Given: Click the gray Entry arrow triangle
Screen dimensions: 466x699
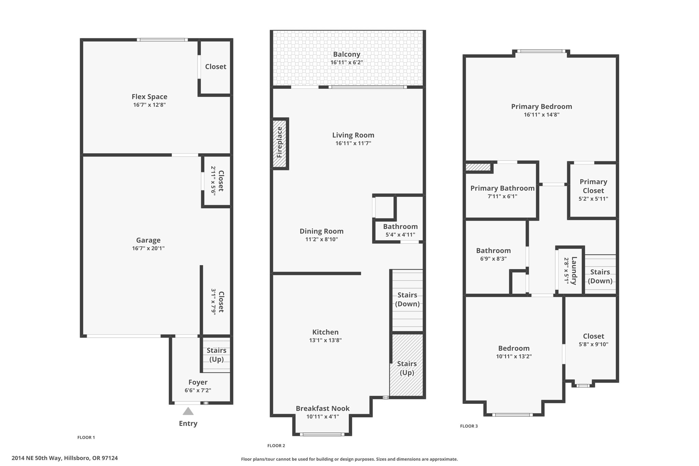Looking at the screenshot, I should click(188, 411).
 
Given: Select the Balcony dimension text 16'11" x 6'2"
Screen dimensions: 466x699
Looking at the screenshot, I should click(346, 62).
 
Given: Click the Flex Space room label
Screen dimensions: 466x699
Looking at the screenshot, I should click(149, 97).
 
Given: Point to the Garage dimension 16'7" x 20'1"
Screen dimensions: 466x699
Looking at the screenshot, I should click(148, 249).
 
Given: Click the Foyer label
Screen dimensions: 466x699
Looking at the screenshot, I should click(198, 382).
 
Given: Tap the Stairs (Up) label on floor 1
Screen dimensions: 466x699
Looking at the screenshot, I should click(216, 355).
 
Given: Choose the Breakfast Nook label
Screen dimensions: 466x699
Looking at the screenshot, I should click(323, 408).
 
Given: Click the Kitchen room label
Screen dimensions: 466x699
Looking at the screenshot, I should click(325, 332).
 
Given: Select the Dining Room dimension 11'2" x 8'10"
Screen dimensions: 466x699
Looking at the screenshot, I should click(322, 239).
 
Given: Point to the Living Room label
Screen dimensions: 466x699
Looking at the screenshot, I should click(353, 135).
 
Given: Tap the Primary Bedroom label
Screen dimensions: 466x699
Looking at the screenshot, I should click(541, 107).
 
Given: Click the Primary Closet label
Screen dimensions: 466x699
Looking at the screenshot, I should click(593, 186).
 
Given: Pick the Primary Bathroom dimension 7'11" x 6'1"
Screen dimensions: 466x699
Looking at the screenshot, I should click(502, 196).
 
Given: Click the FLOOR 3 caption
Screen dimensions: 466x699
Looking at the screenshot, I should click(469, 426).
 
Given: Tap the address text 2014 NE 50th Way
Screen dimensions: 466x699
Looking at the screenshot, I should click(65, 458).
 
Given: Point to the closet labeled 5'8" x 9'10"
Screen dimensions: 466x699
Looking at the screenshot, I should click(593, 340).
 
